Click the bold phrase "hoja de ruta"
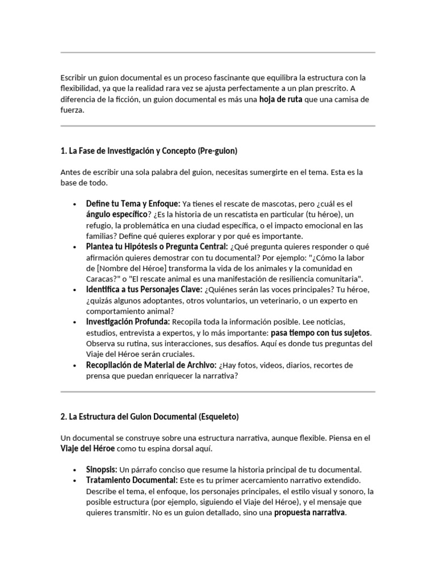click(x=280, y=99)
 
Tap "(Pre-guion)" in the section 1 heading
click(x=217, y=151)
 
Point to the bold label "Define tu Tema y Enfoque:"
click(x=133, y=203)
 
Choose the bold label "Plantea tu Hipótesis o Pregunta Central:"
click(x=157, y=247)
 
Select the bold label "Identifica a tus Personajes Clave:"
click(x=144, y=290)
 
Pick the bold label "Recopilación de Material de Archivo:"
click(x=151, y=365)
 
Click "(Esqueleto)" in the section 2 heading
click(x=219, y=416)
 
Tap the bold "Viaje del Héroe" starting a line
click(x=87, y=448)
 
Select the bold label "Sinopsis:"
click(x=102, y=470)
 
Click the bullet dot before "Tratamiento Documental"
click(x=75, y=481)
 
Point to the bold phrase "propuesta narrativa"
click(x=310, y=513)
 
